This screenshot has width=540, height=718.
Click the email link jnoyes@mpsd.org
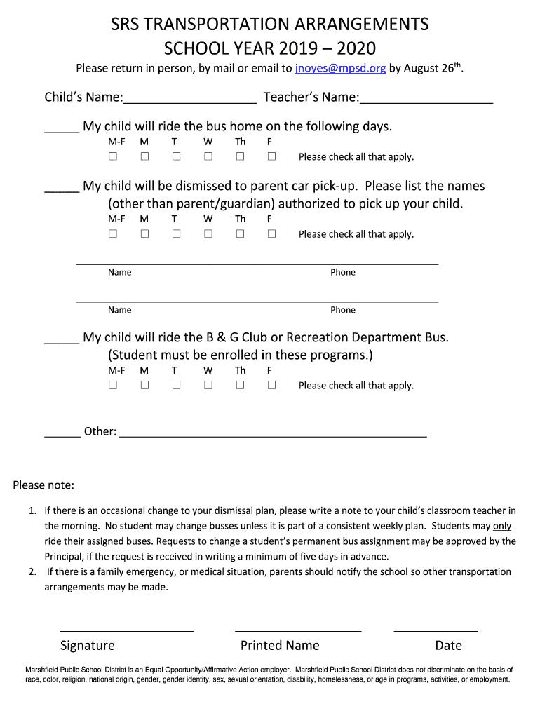(x=340, y=69)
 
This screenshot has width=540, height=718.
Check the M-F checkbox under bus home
(x=112, y=156)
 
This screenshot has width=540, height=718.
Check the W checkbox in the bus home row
(x=208, y=156)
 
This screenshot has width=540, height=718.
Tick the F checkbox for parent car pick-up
(x=271, y=233)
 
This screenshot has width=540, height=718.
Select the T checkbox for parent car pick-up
(x=176, y=233)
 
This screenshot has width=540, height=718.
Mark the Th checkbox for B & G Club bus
(x=240, y=385)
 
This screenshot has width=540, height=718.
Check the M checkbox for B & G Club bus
(x=144, y=385)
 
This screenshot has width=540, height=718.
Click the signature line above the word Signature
(x=127, y=630)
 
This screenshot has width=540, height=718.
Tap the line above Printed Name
(x=298, y=630)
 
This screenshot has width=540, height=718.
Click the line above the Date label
(x=436, y=630)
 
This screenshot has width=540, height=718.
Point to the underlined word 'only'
(x=502, y=526)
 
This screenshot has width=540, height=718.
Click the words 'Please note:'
(x=43, y=486)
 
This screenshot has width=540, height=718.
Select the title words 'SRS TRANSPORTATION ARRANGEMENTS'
(x=270, y=25)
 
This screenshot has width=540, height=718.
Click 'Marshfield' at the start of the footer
(x=43, y=670)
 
